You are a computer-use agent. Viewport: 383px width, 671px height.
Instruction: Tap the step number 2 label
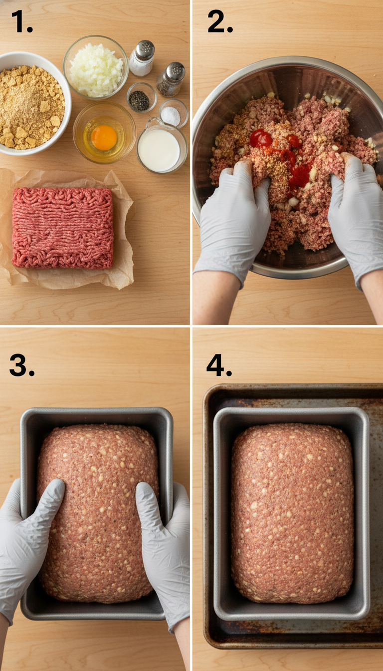click(219, 22)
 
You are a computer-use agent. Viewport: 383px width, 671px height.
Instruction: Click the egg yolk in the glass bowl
click(104, 137)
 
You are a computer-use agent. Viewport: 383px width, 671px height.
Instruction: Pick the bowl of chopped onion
click(96, 68)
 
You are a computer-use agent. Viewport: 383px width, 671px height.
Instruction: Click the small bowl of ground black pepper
click(140, 99)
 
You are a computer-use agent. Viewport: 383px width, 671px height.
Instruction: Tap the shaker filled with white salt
click(142, 58)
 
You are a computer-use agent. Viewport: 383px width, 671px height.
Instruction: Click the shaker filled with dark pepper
click(171, 79)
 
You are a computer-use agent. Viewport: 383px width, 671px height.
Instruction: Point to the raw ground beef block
click(63, 227)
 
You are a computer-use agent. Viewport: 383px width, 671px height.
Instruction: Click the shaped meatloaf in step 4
click(292, 514)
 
